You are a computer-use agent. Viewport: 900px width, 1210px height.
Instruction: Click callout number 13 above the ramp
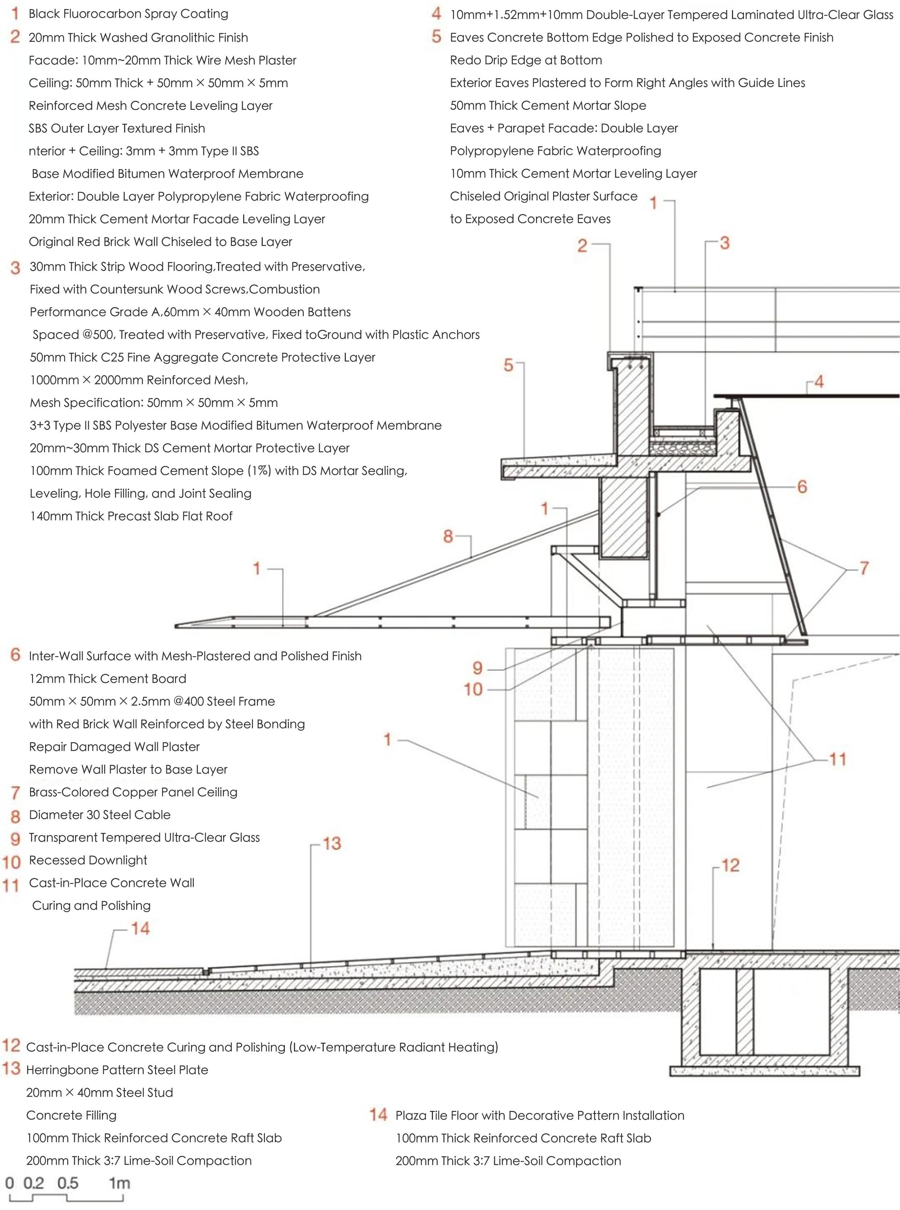[x=332, y=843]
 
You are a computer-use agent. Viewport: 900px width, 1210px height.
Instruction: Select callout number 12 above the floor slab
[x=730, y=865]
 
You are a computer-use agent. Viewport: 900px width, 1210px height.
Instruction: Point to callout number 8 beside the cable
[x=448, y=537]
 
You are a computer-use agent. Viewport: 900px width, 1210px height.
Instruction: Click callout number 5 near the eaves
[x=508, y=365]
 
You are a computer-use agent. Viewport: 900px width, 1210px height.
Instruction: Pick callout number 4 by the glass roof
[x=818, y=381]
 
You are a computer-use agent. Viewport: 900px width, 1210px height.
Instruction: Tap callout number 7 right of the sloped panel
[x=863, y=568]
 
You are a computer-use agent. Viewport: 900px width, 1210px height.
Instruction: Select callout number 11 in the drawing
[x=837, y=759]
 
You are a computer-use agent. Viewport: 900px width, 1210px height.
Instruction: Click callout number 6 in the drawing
[x=802, y=487]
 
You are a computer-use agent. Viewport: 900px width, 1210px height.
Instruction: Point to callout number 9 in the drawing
[x=477, y=668]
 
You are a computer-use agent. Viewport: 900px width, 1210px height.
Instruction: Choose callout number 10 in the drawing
[x=473, y=690]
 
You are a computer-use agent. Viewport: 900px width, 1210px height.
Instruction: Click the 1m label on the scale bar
[x=119, y=1183]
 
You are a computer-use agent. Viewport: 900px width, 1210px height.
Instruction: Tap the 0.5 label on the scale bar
[x=67, y=1183]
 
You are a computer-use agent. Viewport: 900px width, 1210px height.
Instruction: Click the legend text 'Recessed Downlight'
[x=88, y=860]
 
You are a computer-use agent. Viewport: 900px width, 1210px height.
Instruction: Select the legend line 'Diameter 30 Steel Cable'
[x=100, y=815]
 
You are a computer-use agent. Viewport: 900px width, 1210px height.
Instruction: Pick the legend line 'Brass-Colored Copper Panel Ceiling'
[x=133, y=792]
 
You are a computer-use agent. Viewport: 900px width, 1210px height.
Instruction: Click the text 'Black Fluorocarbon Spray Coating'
[x=128, y=14]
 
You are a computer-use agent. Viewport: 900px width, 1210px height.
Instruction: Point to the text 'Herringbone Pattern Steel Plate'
[x=117, y=1070]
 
